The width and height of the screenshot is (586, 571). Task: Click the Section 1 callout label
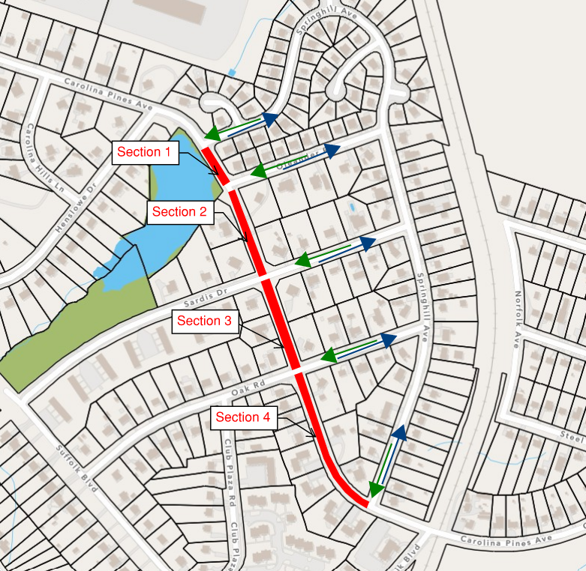[145, 152]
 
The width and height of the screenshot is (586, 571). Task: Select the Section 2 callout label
[179, 211]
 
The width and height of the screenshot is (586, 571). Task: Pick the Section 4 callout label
[242, 417]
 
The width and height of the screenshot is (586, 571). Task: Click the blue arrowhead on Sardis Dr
[367, 243]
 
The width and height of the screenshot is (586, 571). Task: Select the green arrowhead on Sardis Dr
[302, 261]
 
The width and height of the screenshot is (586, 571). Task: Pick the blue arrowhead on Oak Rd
[387, 340]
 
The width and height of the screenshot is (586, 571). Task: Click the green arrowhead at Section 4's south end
[375, 489]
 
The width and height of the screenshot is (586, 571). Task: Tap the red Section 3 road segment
[281, 322]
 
